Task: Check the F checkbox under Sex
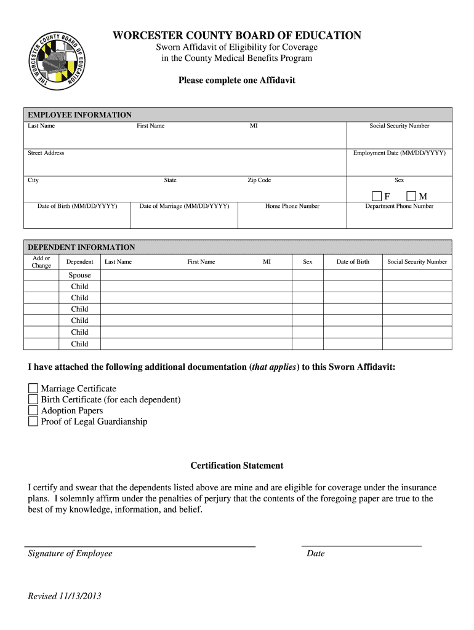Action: coord(377,196)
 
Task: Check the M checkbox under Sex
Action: coord(411,196)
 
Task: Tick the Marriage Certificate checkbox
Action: coord(33,389)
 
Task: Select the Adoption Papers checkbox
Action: coord(33,411)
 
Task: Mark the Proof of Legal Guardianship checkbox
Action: coord(33,422)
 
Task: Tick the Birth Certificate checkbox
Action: coord(33,400)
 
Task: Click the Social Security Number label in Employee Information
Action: coord(399,126)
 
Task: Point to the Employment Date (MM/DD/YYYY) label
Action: coord(399,153)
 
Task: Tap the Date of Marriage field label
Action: coord(184,206)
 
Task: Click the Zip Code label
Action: coord(259,180)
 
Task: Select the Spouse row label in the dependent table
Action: coord(79,275)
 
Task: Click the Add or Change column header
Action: coord(41,261)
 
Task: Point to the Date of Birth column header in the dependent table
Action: coord(353,261)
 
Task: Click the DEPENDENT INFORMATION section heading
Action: coord(81,247)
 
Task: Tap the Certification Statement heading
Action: coord(237,466)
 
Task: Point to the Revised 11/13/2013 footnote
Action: coord(65,596)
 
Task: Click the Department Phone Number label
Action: coord(399,206)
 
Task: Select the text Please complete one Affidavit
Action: coord(237,80)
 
